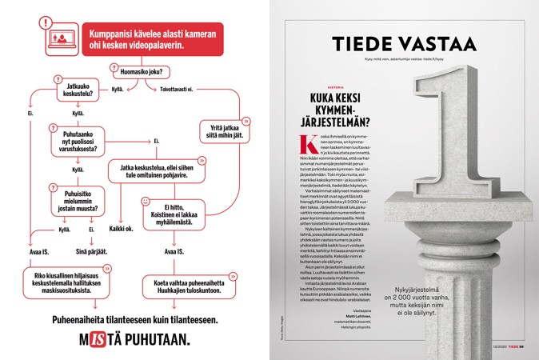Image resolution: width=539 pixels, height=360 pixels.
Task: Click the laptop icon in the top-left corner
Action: [59, 39]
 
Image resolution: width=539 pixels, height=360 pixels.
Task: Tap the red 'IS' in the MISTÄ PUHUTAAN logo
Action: [98, 338]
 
